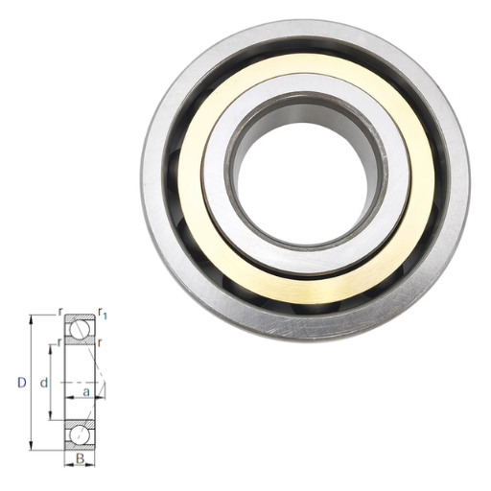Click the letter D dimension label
[21, 383]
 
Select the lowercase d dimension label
[44, 383]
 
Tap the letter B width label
[81, 458]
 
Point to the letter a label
[86, 392]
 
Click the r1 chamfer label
[103, 314]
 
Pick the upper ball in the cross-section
[80, 329]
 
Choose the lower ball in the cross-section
[80, 435]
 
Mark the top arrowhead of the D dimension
[31, 319]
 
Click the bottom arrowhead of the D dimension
[31, 446]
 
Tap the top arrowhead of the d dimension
[51, 349]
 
